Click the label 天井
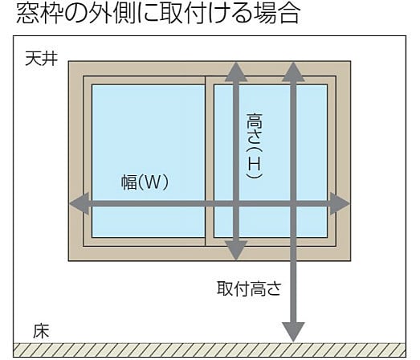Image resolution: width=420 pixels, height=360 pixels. (x=41, y=58)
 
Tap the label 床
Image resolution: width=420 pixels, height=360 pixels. (x=41, y=331)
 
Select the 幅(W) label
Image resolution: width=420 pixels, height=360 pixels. (x=145, y=182)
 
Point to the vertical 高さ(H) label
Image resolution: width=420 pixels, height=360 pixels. (x=254, y=145)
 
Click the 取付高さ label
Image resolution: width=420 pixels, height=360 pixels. (x=249, y=288)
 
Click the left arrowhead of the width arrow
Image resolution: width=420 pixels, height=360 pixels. (x=80, y=203)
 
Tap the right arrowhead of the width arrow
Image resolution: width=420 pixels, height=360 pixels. (x=340, y=203)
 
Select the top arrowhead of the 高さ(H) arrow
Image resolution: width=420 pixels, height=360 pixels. (x=236, y=72)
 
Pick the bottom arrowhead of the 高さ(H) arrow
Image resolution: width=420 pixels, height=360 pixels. (x=236, y=251)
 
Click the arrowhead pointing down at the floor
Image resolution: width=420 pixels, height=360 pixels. (x=294, y=332)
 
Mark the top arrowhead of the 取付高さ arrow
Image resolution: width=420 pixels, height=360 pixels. (x=294, y=72)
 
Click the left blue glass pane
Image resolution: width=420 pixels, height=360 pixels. (x=149, y=161)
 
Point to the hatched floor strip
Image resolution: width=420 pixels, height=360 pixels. (x=210, y=350)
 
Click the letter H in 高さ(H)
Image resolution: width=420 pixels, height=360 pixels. (x=254, y=163)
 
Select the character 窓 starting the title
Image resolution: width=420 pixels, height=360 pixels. (x=27, y=14)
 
